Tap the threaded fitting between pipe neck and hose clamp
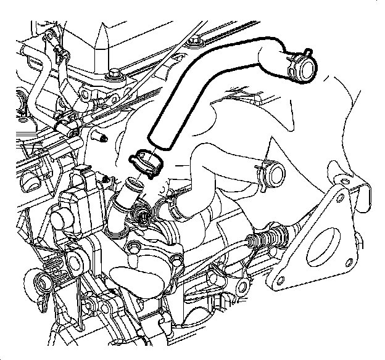click(x=143, y=216)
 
